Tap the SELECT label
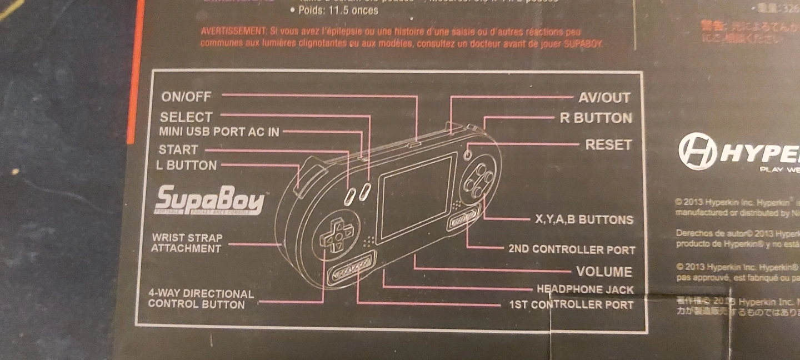click(x=186, y=117)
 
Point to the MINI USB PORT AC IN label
click(x=219, y=132)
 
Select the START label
click(x=178, y=149)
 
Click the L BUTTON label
click(x=187, y=165)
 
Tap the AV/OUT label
click(x=604, y=98)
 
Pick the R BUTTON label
click(x=596, y=118)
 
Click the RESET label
click(x=608, y=145)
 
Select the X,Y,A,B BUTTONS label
click(x=584, y=219)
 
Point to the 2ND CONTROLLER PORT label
click(x=572, y=249)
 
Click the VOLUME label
click(x=604, y=272)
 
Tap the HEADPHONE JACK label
click(x=585, y=289)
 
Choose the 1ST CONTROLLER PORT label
click(x=572, y=304)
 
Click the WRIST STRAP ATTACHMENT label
click(x=187, y=243)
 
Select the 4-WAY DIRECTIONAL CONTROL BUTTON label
click(x=200, y=299)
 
